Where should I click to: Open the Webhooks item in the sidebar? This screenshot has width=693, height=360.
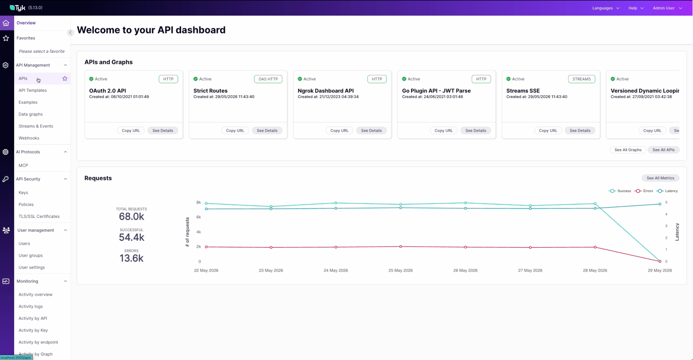pyautogui.click(x=29, y=138)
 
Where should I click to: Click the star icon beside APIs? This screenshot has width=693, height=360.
pyautogui.click(x=65, y=78)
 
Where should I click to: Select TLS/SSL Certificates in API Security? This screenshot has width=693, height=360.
pyautogui.click(x=39, y=216)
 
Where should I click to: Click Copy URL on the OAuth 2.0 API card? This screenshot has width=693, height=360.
pyautogui.click(x=131, y=131)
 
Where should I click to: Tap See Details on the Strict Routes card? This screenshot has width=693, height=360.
pyautogui.click(x=267, y=131)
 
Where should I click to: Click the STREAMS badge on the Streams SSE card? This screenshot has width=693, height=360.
pyautogui.click(x=581, y=79)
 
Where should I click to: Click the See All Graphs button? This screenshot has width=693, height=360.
pyautogui.click(x=628, y=150)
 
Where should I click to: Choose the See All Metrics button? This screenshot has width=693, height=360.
pyautogui.click(x=660, y=178)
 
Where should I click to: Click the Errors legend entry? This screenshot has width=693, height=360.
pyautogui.click(x=644, y=191)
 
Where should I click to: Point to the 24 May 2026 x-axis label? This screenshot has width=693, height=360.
pyautogui.click(x=335, y=271)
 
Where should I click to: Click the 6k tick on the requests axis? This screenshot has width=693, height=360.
pyautogui.click(x=198, y=217)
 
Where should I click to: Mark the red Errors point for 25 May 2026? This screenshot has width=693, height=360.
pyautogui.click(x=401, y=247)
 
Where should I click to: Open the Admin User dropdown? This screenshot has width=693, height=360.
pyautogui.click(x=667, y=8)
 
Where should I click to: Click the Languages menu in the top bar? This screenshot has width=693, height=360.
pyautogui.click(x=606, y=8)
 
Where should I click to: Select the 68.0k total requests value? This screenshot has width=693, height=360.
pyautogui.click(x=132, y=216)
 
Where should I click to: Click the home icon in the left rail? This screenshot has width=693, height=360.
pyautogui.click(x=6, y=23)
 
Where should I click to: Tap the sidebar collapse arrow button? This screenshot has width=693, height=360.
pyautogui.click(x=71, y=33)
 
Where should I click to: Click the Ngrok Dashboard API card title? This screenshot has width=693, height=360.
pyautogui.click(x=325, y=91)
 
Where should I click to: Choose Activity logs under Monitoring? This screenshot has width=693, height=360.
pyautogui.click(x=31, y=306)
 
